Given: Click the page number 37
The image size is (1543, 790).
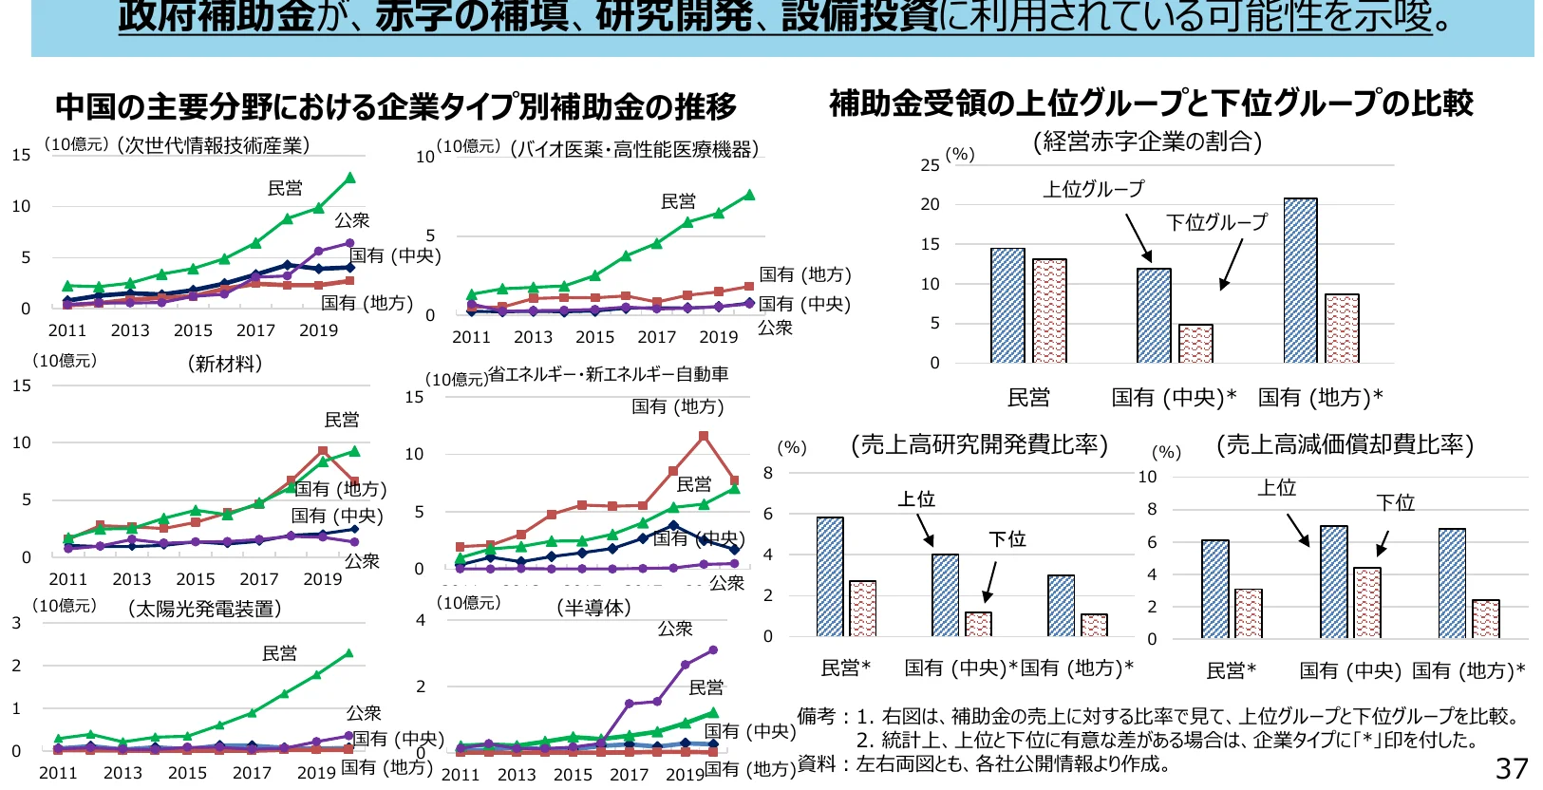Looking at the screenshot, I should (1512, 767).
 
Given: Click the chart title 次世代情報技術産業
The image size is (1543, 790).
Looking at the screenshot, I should (214, 144).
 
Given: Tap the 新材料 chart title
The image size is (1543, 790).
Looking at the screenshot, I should (225, 364).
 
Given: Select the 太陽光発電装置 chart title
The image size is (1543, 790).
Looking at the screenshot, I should (204, 609).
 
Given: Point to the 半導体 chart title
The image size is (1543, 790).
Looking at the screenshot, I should (593, 607).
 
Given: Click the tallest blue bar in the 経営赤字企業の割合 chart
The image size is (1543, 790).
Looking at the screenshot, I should (1300, 280).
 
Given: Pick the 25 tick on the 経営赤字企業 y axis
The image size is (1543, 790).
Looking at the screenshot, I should (930, 165).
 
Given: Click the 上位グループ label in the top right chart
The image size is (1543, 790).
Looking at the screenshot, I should (1093, 189).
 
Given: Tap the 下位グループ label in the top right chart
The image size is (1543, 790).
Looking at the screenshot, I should (1216, 222).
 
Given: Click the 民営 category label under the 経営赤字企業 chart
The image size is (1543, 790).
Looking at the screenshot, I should (1028, 398).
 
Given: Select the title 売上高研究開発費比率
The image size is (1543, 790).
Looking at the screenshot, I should (979, 444).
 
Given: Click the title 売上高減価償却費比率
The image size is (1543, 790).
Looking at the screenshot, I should (1345, 444).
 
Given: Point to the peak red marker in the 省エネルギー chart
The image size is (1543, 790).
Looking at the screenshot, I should (704, 437).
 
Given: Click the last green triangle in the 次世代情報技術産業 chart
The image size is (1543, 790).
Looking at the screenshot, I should (349, 178).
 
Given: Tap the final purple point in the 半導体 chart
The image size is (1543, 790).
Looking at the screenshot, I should (713, 650).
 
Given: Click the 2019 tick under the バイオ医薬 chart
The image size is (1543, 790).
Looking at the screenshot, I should (718, 337).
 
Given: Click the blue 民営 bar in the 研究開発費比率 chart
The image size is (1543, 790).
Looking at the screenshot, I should (829, 576).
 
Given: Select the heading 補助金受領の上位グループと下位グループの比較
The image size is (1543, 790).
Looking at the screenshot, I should (1151, 103).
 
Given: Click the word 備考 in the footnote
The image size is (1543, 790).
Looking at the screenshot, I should (816, 716).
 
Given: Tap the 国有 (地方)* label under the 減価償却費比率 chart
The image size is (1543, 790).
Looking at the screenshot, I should (1468, 670).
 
